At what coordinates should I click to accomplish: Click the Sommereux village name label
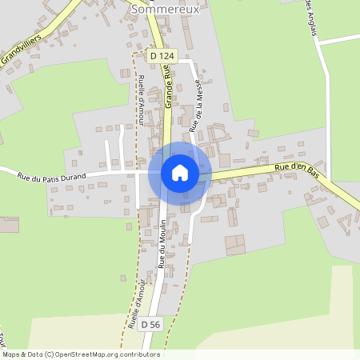[x=163, y=8]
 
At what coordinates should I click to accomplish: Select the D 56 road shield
[x=150, y=325]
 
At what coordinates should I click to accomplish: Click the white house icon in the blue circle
[x=179, y=172]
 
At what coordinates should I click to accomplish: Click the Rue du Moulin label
[x=162, y=243]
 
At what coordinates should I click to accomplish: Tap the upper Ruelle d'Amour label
[x=141, y=94]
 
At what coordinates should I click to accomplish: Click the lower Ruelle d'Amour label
[x=137, y=305]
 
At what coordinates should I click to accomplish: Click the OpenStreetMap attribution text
[x=81, y=354]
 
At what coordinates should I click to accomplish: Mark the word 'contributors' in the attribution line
[x=138, y=354]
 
